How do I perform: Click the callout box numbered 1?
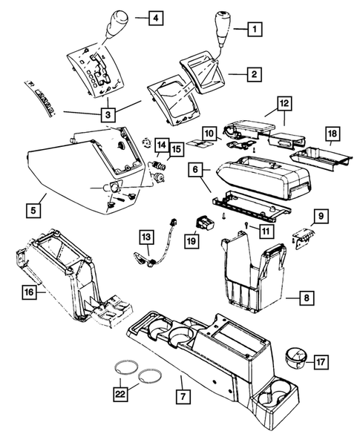tap(254, 30)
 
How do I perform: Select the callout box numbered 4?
tap(155, 17)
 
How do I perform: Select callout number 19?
tap(192, 241)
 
